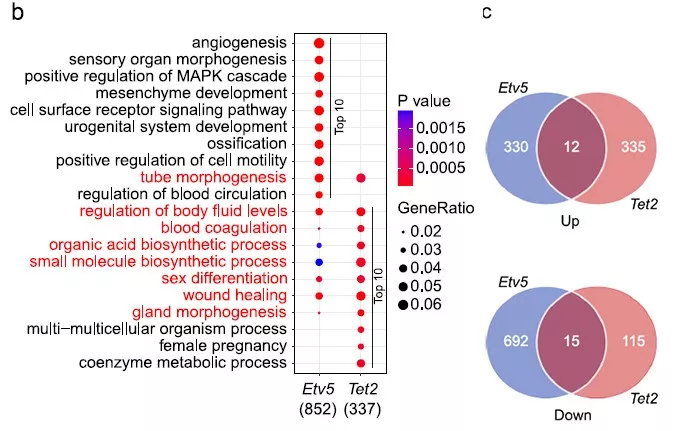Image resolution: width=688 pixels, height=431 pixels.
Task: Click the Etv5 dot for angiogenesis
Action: coord(319,43)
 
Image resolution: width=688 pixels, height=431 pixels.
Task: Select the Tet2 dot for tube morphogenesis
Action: coord(361,178)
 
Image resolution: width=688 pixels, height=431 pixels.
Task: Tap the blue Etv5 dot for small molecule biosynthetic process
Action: coord(319,262)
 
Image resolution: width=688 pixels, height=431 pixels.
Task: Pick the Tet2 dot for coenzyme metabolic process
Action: coord(361,363)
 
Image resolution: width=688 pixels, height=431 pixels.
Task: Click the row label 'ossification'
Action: coord(247,144)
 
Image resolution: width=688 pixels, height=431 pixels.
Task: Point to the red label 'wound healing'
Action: coord(235,295)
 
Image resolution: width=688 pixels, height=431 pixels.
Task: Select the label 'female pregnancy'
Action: coord(223,346)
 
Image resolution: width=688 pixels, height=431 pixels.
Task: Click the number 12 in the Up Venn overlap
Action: coord(571,146)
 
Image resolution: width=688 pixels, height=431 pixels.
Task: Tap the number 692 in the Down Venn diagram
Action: coord(516,341)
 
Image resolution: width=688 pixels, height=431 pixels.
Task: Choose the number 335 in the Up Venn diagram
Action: coord(633,146)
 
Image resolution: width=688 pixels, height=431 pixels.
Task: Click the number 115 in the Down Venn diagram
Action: coord(633,341)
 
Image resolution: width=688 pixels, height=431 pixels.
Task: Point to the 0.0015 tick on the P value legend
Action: coord(440,128)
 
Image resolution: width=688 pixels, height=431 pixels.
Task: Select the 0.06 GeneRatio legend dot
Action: coord(403,304)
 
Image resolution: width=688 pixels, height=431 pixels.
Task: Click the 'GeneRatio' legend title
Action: coord(436,208)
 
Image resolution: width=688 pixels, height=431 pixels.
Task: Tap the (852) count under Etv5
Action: coord(318,409)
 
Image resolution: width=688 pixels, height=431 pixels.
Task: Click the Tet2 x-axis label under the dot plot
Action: coord(362,389)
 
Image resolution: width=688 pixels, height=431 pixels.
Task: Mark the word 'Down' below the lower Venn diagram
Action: coord(573,415)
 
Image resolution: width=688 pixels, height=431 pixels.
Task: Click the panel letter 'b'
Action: coord(18,12)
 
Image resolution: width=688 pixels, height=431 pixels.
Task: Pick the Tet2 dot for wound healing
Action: coord(361,296)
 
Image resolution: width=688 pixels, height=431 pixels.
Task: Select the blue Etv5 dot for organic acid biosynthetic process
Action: coord(319,245)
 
